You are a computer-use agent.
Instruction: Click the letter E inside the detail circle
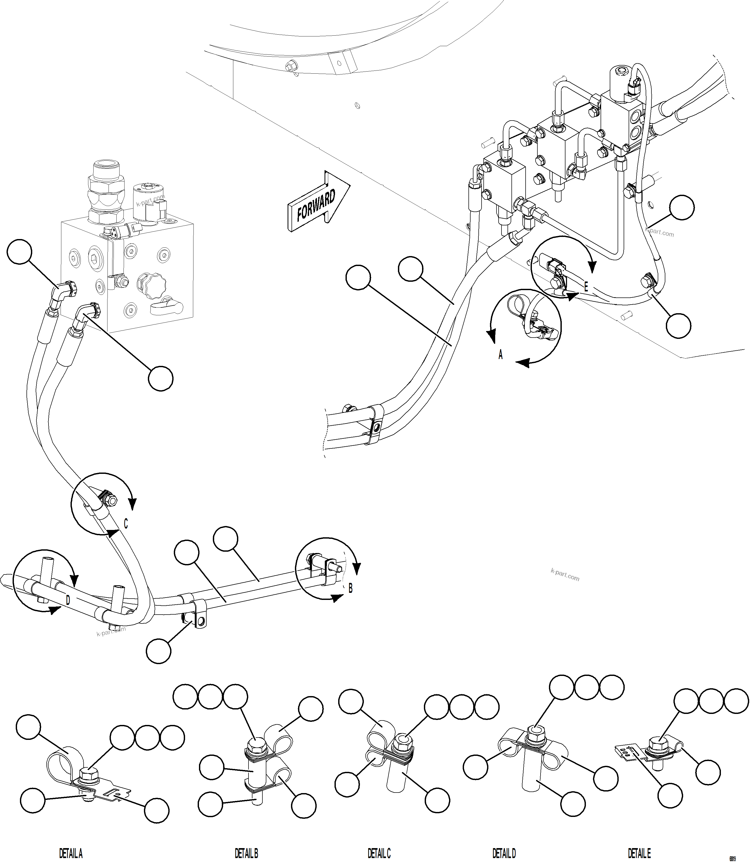click(586, 287)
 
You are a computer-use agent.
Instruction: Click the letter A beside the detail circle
click(500, 355)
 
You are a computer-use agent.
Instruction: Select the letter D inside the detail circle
click(68, 601)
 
